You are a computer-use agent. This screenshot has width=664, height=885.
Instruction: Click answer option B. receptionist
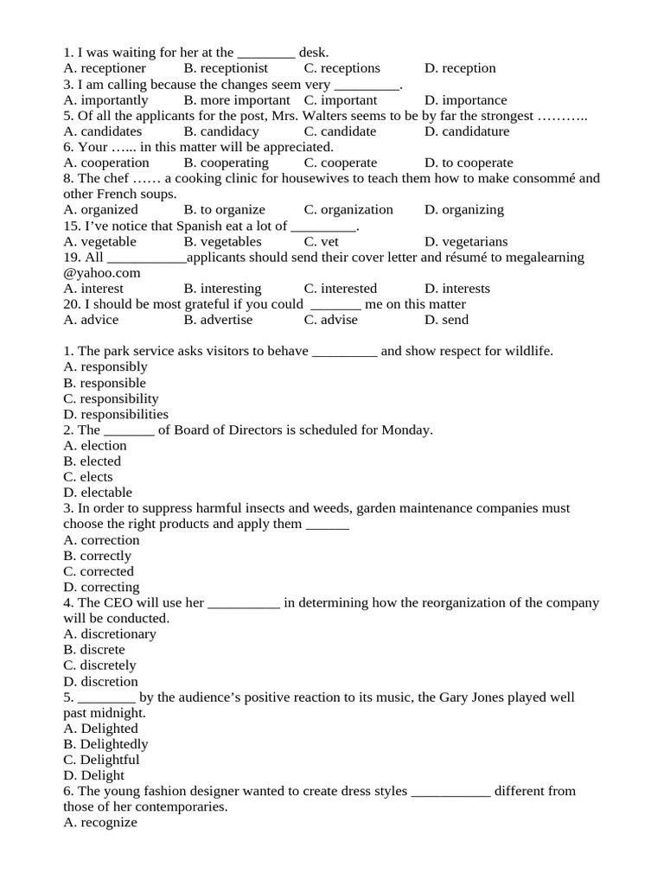[226, 68]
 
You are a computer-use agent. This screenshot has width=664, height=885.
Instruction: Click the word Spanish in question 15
[184, 226]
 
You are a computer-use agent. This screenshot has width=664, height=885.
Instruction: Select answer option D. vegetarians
[466, 242]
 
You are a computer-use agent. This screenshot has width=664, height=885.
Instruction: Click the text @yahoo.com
[102, 273]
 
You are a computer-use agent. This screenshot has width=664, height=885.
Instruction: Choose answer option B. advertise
[218, 320]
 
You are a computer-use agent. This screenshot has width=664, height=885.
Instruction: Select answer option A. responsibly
[105, 366]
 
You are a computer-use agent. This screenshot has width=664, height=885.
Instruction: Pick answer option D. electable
[98, 493]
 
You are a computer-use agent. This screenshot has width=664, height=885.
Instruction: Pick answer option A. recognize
[100, 823]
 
